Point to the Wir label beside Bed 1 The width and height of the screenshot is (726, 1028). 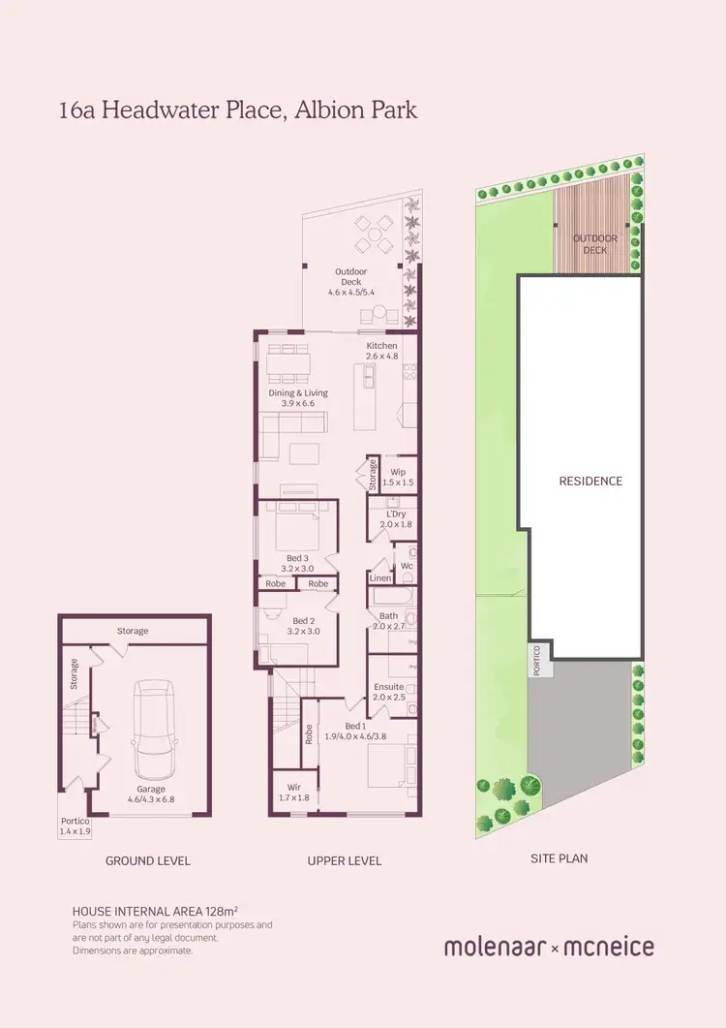coord(287,787)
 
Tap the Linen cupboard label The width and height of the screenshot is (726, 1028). coord(380,578)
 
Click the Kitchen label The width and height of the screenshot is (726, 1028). coord(381,346)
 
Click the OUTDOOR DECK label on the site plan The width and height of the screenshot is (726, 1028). coord(594,244)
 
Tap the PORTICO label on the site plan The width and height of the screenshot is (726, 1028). coord(537,662)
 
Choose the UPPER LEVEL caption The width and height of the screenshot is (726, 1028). coord(345,860)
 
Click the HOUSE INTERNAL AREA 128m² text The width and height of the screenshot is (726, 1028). coord(156,912)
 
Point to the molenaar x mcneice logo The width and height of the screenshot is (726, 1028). coord(549,947)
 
